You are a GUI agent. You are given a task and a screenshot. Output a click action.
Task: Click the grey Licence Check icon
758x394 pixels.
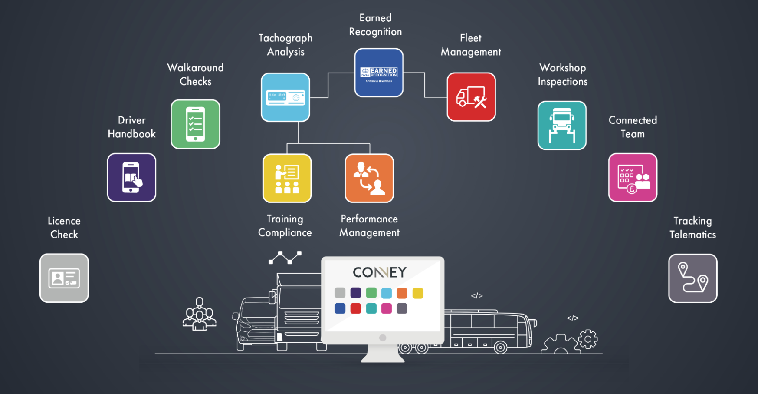point(64,278)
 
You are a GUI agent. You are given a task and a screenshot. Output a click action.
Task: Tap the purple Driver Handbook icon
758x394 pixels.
point(131,177)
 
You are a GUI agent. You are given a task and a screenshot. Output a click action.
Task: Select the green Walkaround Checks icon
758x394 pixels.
point(195,124)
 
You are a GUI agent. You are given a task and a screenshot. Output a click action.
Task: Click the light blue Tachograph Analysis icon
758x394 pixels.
point(285,97)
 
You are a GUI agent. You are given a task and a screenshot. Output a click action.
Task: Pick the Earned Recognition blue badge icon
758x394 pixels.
point(379,73)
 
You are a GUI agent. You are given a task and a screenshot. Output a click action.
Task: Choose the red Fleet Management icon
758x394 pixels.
point(471,97)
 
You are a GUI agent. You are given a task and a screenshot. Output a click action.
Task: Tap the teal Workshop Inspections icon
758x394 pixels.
point(562,126)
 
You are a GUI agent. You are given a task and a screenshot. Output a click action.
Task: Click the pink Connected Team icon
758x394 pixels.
point(633,177)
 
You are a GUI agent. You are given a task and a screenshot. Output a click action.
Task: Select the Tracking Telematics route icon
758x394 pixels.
point(692,278)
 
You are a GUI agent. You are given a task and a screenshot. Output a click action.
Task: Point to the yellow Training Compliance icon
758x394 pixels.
point(287,178)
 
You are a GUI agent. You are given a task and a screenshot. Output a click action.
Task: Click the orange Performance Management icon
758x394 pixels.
point(369,178)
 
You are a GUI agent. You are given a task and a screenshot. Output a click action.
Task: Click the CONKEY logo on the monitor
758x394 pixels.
point(380,272)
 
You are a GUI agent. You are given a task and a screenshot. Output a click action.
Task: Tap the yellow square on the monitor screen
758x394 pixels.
point(418,293)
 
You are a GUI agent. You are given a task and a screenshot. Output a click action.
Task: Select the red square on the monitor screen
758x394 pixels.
point(356,308)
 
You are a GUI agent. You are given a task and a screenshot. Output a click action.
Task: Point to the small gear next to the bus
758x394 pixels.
point(588,339)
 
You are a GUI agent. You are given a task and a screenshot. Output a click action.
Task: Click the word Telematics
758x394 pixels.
point(692,235)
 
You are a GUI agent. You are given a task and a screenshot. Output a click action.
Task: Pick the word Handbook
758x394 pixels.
point(131,134)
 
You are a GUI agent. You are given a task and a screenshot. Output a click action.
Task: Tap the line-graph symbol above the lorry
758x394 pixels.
point(285,257)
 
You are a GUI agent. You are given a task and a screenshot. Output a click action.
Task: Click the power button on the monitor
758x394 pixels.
point(383,338)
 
